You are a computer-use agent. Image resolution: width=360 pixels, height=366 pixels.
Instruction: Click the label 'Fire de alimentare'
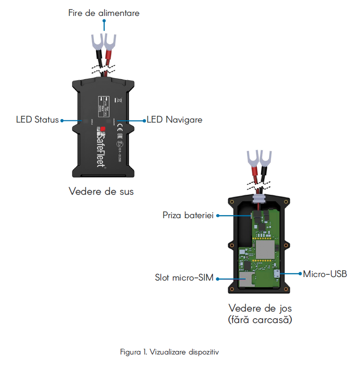point(104,13)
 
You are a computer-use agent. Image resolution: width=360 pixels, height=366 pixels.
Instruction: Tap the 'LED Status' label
point(37,119)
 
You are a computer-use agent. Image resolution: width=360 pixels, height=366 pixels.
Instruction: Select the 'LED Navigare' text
point(174,119)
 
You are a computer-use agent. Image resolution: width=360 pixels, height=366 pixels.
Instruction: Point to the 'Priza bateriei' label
point(188,216)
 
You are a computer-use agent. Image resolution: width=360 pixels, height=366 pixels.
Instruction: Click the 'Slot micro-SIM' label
point(184,278)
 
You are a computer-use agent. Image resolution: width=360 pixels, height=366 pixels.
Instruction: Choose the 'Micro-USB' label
point(325,274)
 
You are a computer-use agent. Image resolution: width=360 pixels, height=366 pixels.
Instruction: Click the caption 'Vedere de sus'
point(101,192)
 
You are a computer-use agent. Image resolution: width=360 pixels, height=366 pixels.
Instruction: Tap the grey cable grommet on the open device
point(259,198)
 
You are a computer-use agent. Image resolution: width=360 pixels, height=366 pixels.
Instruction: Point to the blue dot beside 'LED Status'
point(62,120)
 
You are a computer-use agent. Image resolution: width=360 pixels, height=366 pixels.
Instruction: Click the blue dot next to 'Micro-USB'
point(300,274)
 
